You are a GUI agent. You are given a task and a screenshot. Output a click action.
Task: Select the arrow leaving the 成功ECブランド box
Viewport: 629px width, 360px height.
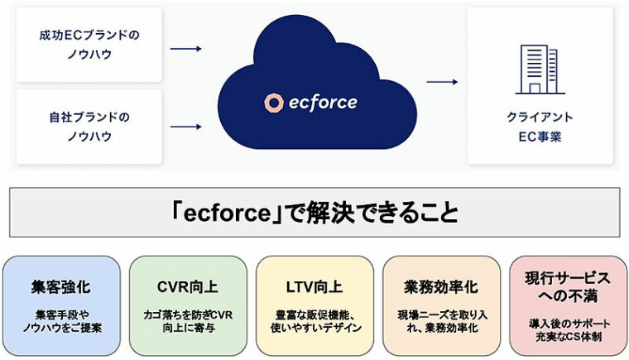(x=186, y=49)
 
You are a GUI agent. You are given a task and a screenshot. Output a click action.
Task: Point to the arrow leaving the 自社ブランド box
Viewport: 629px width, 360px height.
(x=186, y=127)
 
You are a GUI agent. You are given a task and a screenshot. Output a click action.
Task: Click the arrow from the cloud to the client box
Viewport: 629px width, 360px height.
(x=442, y=82)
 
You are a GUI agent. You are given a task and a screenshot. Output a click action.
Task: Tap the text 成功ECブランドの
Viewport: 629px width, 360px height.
(x=89, y=36)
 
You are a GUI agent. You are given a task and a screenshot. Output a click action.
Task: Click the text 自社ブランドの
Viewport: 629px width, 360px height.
(x=89, y=117)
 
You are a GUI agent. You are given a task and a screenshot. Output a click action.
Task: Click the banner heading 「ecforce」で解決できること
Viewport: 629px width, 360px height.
(x=314, y=212)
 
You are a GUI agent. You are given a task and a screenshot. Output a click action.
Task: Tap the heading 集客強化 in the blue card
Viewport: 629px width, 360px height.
(x=62, y=287)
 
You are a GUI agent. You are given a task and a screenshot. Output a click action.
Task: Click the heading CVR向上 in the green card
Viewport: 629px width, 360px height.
(x=188, y=287)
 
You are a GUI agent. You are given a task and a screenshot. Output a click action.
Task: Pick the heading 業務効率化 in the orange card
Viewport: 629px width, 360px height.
(x=441, y=287)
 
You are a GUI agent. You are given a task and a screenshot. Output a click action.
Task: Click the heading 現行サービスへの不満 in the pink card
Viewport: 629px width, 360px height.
(x=568, y=286)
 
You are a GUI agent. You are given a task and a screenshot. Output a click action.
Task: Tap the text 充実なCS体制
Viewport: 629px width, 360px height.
(x=568, y=338)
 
